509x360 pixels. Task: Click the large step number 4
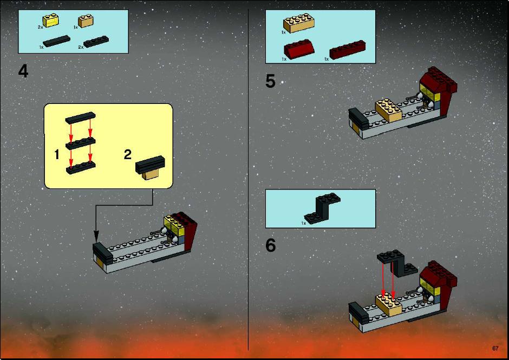point(23,71)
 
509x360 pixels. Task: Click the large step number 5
point(270,81)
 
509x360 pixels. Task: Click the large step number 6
point(270,245)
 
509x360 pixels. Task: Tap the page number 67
point(495,348)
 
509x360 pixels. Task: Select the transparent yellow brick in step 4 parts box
point(51,21)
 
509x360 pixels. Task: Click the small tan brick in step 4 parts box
point(86,21)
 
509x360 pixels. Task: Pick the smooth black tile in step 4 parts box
point(56,41)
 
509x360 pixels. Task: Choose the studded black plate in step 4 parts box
point(96,41)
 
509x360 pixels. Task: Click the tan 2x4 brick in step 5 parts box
point(299,23)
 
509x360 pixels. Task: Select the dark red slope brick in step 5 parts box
point(299,49)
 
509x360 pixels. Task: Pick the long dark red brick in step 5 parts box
point(347,49)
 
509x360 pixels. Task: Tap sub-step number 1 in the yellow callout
point(57,154)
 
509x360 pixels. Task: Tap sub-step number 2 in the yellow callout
point(128,154)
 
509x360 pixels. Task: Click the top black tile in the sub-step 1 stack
point(81,117)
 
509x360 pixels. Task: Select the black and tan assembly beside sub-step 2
point(151,167)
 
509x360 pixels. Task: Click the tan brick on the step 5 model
point(389,110)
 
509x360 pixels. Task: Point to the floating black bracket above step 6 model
point(397,263)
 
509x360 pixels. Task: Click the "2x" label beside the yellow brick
point(40,28)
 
